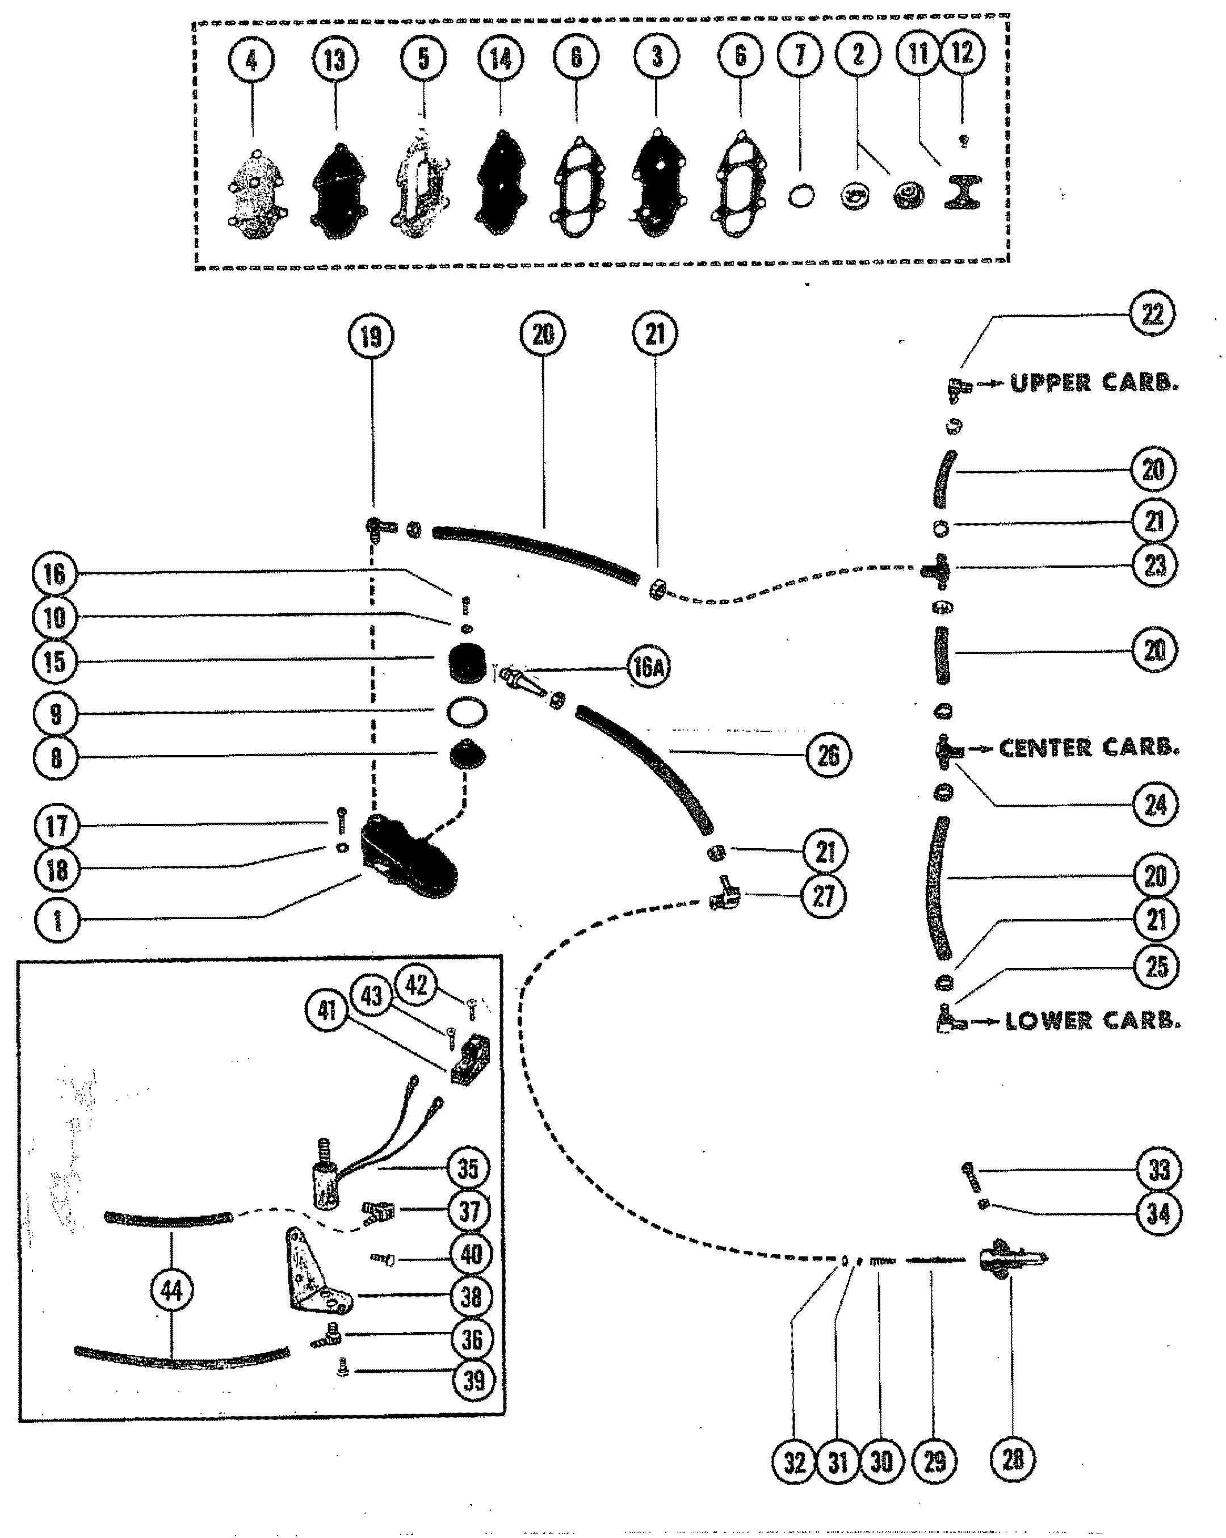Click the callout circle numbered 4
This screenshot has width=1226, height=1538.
[x=251, y=60]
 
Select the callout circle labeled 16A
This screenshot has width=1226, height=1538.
[x=648, y=668]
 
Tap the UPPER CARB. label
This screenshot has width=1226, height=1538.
[x=1094, y=383]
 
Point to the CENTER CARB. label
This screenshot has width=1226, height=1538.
[x=1088, y=748]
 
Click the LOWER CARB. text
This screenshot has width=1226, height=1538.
[x=1093, y=1021]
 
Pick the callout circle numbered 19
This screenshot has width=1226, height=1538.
[x=371, y=336]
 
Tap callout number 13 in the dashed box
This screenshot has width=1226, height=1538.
[x=334, y=59]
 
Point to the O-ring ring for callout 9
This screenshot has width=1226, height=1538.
[x=467, y=712]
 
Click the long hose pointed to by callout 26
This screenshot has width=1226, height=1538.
[x=645, y=770]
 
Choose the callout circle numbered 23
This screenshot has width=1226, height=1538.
[x=1154, y=565]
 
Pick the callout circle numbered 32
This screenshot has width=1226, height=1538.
[x=794, y=1462]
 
